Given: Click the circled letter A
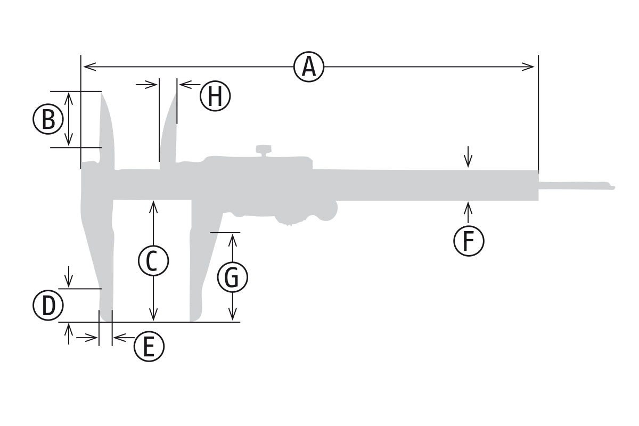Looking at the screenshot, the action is (309, 67).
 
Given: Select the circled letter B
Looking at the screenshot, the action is (48, 119).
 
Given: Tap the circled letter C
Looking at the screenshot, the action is (153, 261).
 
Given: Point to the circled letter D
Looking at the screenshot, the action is (48, 305).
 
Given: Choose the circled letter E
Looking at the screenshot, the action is (149, 347).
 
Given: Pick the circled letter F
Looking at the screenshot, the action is (469, 241).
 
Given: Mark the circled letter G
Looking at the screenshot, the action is (233, 277).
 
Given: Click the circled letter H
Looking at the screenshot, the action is (215, 96).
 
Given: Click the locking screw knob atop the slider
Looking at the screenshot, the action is (264, 150).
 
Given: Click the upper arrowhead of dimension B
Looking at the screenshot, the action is (69, 98).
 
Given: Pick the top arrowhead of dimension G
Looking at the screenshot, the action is (233, 240).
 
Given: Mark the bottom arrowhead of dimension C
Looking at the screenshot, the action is (153, 314).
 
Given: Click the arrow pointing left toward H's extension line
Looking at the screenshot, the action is (190, 85).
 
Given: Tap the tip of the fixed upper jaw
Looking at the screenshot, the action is (101, 93).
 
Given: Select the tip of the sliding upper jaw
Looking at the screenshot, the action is (176, 93).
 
